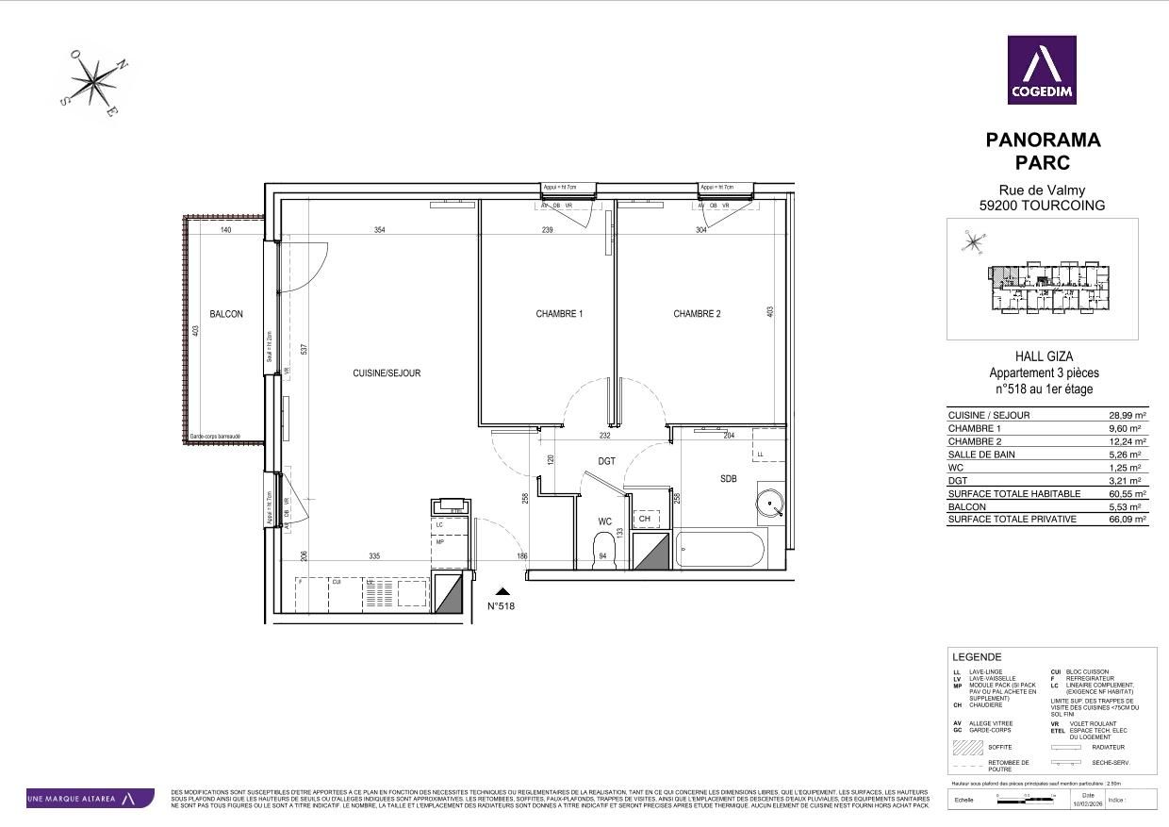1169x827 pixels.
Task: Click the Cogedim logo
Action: pos(1042,70)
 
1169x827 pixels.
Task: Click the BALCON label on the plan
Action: pos(226,315)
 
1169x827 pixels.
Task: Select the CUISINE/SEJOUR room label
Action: pos(387,373)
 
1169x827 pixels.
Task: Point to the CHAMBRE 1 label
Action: pos(559,314)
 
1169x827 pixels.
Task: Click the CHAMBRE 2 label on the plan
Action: pos(697,314)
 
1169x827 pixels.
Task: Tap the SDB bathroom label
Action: pos(728,479)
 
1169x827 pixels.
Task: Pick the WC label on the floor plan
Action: pos(605,521)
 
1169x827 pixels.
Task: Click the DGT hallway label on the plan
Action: pos(607,461)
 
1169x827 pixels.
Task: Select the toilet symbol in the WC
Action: pos(602,551)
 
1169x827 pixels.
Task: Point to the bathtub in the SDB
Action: pos(720,551)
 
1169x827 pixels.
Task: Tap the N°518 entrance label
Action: pos(502,606)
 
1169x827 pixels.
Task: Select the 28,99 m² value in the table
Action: pos(1127,415)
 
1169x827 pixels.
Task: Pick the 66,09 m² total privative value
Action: pos(1127,520)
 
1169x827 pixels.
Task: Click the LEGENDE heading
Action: pos(977,657)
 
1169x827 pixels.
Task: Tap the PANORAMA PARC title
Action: pos(1043,151)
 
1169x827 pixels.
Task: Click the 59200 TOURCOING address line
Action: pos(1043,206)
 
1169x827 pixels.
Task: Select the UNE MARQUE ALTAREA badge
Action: pos(90,799)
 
